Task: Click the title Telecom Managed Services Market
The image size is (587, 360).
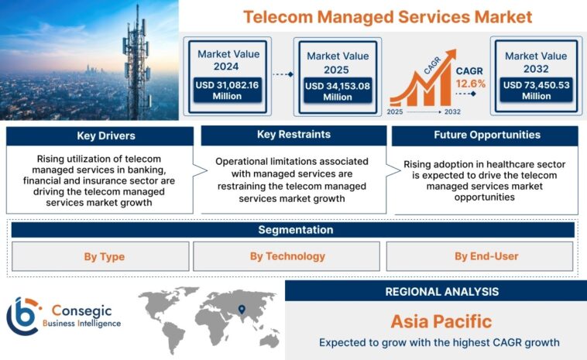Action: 387,16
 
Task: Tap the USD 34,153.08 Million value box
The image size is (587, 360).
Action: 337,91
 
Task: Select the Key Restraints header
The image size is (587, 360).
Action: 293,135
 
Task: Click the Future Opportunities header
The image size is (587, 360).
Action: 486,135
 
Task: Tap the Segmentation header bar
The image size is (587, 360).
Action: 294,230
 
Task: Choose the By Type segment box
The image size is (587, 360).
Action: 101,256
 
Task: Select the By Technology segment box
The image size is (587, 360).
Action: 287,256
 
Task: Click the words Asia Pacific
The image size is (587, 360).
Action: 441,321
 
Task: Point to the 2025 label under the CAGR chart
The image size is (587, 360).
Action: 396,112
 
